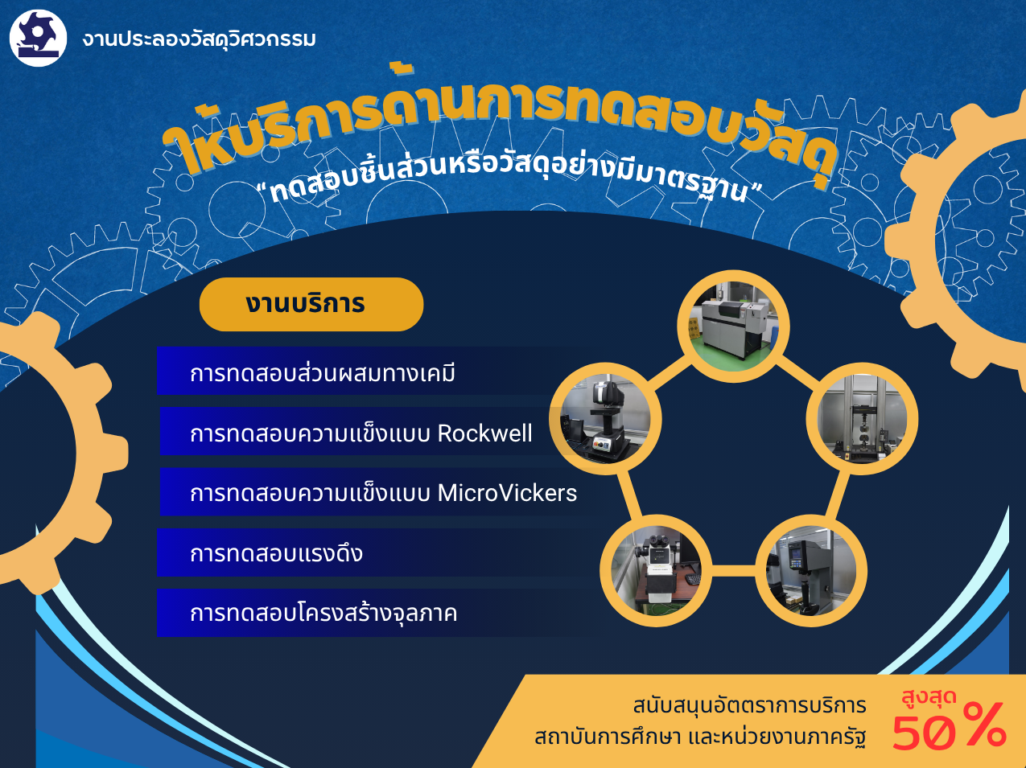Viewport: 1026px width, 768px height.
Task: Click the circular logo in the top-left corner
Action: pyautogui.click(x=38, y=39)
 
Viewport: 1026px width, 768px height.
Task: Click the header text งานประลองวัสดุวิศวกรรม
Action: pyautogui.click(x=199, y=39)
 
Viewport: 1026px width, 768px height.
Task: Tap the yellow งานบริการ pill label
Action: pyautogui.click(x=311, y=304)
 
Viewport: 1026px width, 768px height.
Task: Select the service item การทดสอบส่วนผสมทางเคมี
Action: pyautogui.click(x=323, y=373)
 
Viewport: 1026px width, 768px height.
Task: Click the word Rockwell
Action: pyautogui.click(x=484, y=433)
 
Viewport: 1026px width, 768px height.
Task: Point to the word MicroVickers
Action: pyautogui.click(x=507, y=493)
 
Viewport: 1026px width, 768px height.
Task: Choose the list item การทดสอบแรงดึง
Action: pyautogui.click(x=276, y=553)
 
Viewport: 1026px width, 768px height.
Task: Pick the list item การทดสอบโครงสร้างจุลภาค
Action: pyautogui.click(x=323, y=613)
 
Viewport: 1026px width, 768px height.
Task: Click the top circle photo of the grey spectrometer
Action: pyautogui.click(x=733, y=326)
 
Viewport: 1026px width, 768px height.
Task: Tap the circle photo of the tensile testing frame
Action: pyautogui.click(x=862, y=418)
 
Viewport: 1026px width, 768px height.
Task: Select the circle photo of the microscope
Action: pyautogui.click(x=656, y=570)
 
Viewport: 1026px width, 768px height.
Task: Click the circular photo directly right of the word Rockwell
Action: pyautogui.click(x=605, y=418)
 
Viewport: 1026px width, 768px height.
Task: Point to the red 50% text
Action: pyautogui.click(x=949, y=727)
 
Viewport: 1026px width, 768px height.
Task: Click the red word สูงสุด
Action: pyautogui.click(x=929, y=696)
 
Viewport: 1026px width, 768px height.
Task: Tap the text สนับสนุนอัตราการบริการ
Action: pyautogui.click(x=749, y=705)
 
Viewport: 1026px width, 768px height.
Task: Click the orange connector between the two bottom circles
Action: pyautogui.click(x=733, y=570)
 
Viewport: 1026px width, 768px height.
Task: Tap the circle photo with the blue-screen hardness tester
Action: pyautogui.click(x=811, y=570)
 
